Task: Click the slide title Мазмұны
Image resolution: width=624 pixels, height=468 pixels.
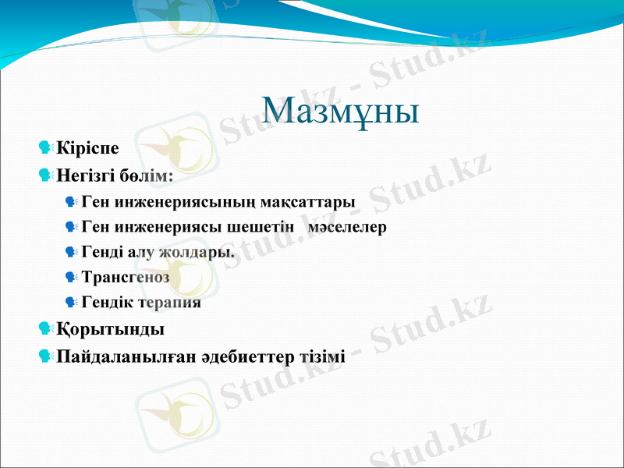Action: tap(340, 110)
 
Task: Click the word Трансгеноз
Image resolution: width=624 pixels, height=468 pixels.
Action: tap(126, 277)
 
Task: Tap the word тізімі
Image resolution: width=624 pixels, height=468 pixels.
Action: tap(321, 357)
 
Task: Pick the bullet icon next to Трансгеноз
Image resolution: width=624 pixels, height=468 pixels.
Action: tap(72, 277)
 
